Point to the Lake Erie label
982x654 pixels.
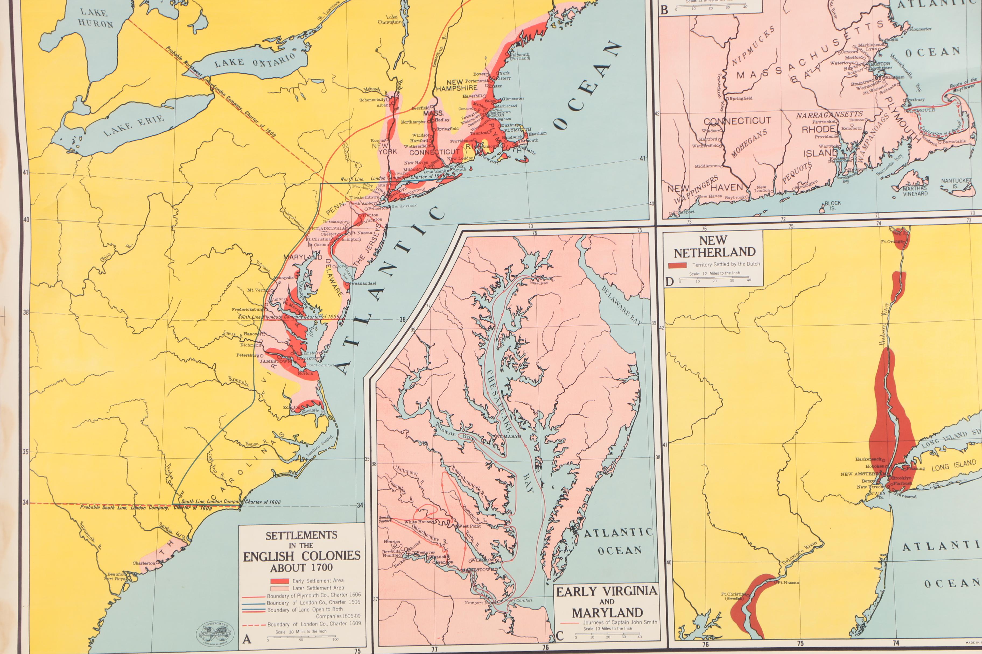pos(133,125)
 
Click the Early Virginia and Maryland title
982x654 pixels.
pos(607,602)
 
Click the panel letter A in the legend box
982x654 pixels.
pos(247,639)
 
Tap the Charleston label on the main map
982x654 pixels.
pos(144,563)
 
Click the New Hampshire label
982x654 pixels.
pos(456,85)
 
